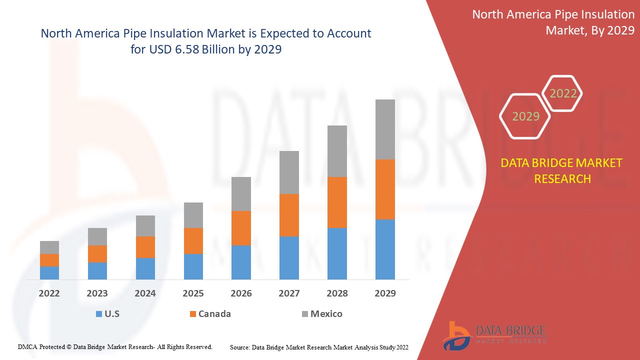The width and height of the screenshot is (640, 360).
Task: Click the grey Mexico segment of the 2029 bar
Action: [x=385, y=129]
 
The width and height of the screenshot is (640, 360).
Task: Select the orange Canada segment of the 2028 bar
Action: [x=337, y=202]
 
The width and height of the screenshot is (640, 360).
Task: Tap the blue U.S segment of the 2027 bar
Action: [x=289, y=257]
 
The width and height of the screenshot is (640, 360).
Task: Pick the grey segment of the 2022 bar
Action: [x=49, y=247]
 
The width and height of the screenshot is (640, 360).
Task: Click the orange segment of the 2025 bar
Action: [x=193, y=240]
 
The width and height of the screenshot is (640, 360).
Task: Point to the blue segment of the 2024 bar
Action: [x=145, y=268]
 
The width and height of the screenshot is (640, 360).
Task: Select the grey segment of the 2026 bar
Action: [x=241, y=193]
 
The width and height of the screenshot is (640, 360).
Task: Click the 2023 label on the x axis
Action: [x=97, y=293]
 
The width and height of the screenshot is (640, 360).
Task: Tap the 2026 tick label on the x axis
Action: [x=241, y=293]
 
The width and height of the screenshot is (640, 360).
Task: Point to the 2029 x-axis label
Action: [x=385, y=293]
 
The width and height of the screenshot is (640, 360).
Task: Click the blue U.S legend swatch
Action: [x=99, y=314]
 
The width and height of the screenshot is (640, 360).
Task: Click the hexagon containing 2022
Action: [x=563, y=93]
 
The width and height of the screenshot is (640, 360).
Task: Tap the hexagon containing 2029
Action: [x=525, y=116]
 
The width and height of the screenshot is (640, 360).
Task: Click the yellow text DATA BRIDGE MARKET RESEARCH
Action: [x=562, y=170]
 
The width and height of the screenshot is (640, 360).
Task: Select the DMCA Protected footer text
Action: [x=115, y=346]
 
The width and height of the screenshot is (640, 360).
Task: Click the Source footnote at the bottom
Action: [x=319, y=347]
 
